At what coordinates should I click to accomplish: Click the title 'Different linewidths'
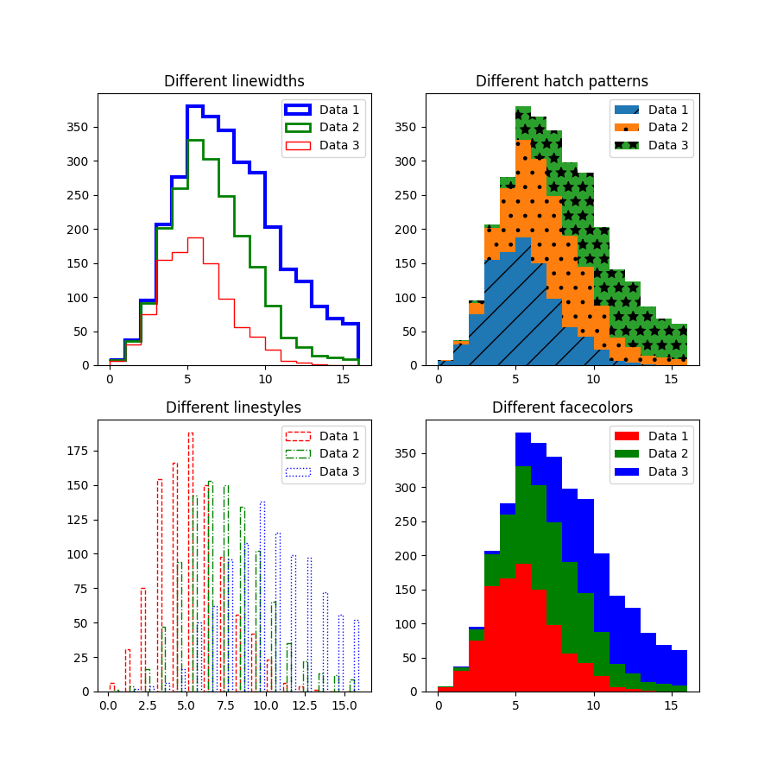click(x=234, y=81)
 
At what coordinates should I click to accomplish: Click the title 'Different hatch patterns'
click(x=562, y=81)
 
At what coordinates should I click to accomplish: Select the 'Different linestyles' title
click(x=234, y=407)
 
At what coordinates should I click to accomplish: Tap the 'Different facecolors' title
click(x=562, y=407)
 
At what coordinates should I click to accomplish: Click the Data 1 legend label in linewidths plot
click(x=339, y=110)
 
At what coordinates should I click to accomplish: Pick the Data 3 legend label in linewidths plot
click(x=339, y=145)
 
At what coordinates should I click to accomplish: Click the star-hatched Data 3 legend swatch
click(x=626, y=145)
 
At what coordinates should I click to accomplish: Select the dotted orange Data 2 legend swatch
click(x=626, y=128)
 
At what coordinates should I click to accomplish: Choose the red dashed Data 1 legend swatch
click(x=298, y=437)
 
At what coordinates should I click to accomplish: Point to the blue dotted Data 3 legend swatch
click(x=298, y=472)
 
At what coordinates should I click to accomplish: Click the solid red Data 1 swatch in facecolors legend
click(x=626, y=437)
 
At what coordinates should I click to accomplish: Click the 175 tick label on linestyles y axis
click(x=78, y=451)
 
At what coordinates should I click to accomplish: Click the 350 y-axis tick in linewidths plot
click(x=78, y=127)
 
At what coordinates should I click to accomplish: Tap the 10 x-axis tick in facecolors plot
click(x=593, y=705)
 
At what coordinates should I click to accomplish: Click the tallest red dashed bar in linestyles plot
click(x=191, y=561)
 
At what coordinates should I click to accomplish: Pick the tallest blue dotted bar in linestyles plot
click(x=262, y=596)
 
